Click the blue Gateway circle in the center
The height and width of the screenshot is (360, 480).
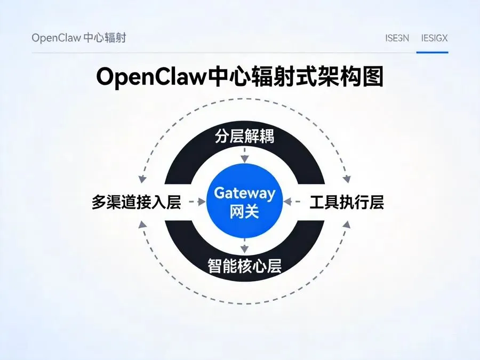244,202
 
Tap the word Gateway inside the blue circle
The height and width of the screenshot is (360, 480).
244,193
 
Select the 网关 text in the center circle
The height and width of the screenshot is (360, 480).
244,212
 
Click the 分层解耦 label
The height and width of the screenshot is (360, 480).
244,137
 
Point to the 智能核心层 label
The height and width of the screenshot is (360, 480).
244,265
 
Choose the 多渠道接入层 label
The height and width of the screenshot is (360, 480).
137,203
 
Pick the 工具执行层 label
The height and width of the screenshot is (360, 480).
347,203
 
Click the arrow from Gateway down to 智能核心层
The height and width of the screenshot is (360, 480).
244,246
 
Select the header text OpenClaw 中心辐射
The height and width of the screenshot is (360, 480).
79,38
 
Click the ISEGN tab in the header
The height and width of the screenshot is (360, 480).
397,38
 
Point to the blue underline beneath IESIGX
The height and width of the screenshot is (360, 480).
432,52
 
